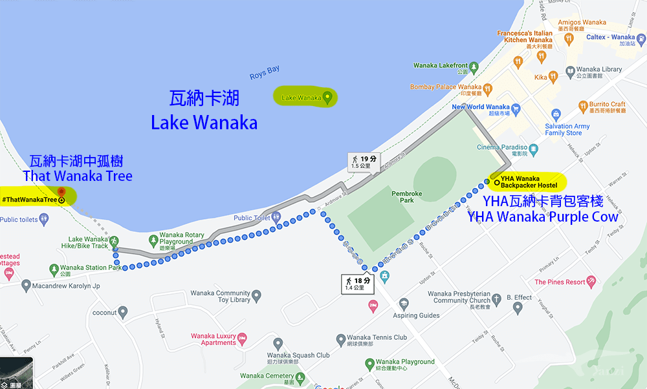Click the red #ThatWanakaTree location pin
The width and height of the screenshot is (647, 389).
pos(61,192)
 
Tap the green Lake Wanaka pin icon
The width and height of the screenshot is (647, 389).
pos(327,98)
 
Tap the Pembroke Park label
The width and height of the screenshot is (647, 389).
pos(406,196)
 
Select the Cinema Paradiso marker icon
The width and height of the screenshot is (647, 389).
pos(533,147)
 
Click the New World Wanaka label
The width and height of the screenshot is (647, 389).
pos(481,107)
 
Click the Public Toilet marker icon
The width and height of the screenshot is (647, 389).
pos(276,218)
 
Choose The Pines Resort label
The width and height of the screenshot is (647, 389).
pos(560,282)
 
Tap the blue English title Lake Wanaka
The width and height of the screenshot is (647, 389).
pos(204,122)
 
